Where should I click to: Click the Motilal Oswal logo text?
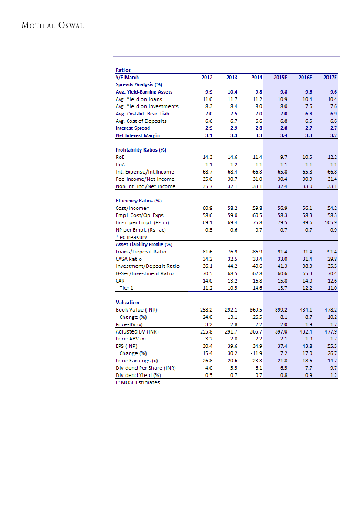pyautogui.click(x=52, y=25)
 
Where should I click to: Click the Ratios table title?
pyautogui.click(x=123, y=70)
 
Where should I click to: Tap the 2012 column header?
pyautogui.click(x=207, y=78)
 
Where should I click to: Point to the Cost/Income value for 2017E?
pyautogui.click(x=332, y=208)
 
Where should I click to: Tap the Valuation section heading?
pyautogui.click(x=128, y=302)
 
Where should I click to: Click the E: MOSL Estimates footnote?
pyautogui.click(x=138, y=382)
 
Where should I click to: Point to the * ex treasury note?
pyautogui.click(x=131, y=237)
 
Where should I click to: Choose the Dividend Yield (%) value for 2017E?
pyautogui.click(x=333, y=375)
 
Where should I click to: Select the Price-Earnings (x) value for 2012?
pyautogui.click(x=207, y=361)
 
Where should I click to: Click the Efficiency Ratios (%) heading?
pyautogui.click(x=139, y=201)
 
